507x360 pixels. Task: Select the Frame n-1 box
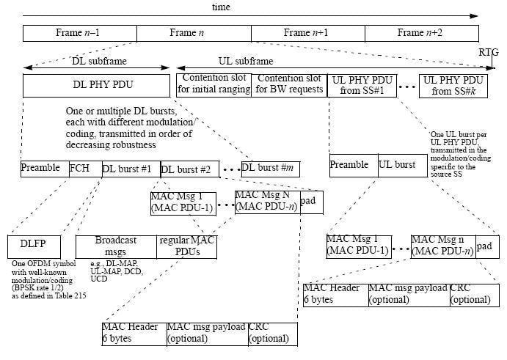[80, 33]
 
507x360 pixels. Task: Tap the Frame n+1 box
[307, 33]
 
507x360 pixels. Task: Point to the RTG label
[487, 53]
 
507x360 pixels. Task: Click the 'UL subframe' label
[246, 62]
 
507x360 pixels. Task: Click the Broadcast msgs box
[116, 246]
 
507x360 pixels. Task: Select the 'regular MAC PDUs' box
[187, 246]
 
